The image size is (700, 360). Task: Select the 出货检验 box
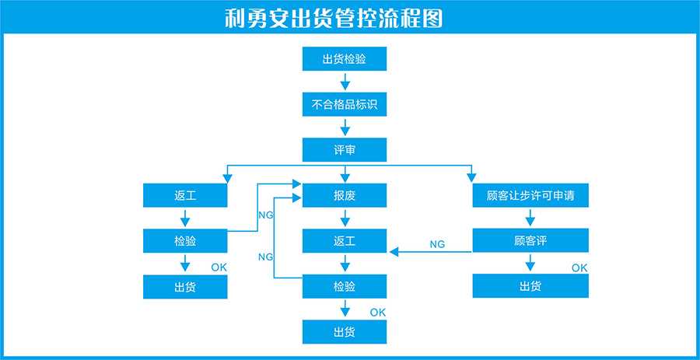pos(344,59)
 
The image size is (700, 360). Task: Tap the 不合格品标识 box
pos(344,104)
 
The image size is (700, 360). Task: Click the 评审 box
pos(344,149)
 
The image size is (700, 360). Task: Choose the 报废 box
pos(344,196)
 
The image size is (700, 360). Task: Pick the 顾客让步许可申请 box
pos(530,196)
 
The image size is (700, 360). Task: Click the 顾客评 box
pos(530,241)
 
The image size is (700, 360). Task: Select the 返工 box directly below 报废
pos(344,241)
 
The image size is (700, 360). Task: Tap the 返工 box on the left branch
pos(185,196)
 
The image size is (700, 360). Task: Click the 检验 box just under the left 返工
pos(185,241)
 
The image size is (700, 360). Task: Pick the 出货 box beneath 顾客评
pos(530,286)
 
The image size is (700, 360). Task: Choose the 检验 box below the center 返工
pos(344,286)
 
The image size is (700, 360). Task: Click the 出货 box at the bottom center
pos(344,332)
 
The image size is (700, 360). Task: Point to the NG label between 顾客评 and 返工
pos(437,244)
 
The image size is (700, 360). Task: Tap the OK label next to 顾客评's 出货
pos(579,267)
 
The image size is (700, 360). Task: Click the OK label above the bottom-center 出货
pos(378,313)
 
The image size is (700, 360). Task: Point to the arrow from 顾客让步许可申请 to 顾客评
pos(530,218)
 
